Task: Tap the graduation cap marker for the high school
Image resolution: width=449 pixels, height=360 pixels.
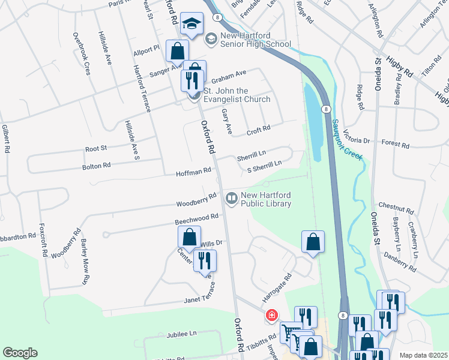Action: pyautogui.click(x=191, y=25)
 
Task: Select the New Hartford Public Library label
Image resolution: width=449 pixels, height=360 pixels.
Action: pyautogui.click(x=266, y=200)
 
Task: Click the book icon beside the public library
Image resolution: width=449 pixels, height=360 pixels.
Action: pyautogui.click(x=231, y=197)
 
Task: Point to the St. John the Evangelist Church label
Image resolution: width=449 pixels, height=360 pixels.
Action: pyautogui.click(x=237, y=95)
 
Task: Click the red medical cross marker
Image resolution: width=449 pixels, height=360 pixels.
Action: pyautogui.click(x=271, y=314)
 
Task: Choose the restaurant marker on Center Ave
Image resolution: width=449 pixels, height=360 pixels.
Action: pyautogui.click(x=205, y=260)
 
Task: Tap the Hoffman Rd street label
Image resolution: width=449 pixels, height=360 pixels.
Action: pyautogui.click(x=193, y=171)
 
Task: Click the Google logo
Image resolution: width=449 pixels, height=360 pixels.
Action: pyautogui.click(x=20, y=353)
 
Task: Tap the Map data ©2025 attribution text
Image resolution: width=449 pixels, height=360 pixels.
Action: pyautogui.click(x=423, y=355)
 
